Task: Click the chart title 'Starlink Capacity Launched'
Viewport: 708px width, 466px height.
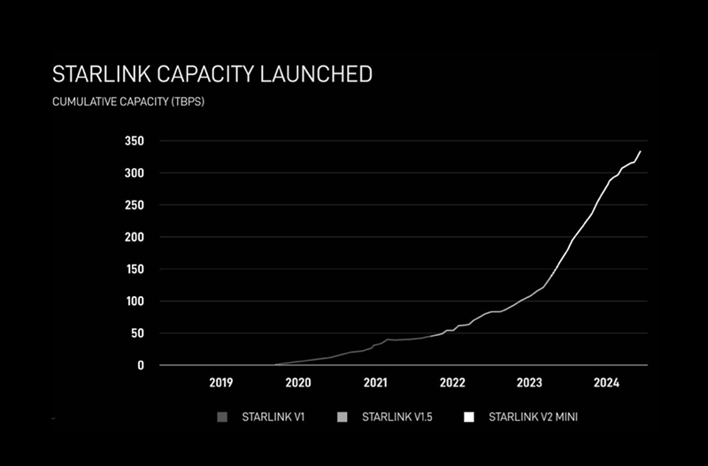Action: coord(212,74)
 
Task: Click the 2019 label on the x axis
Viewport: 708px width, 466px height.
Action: coord(221,383)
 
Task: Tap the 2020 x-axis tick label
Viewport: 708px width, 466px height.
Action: coord(298,383)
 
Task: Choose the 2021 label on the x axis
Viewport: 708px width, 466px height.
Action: coord(375,383)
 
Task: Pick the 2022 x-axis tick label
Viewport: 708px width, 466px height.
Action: coord(452,383)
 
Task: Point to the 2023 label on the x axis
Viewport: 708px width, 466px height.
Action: coord(529,383)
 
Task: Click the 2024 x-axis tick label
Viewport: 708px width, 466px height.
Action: coord(606,383)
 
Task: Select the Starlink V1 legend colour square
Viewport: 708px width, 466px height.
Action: coord(221,415)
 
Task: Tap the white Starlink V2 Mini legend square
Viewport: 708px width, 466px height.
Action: coord(469,415)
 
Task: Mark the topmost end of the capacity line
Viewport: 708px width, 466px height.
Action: coord(641,151)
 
